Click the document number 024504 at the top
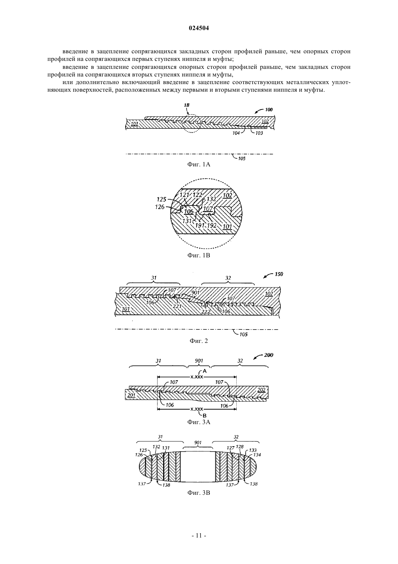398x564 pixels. (x=199, y=28)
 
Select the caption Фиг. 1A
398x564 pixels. (x=199, y=165)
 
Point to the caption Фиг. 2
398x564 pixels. (x=199, y=341)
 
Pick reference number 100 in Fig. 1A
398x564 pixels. (x=268, y=109)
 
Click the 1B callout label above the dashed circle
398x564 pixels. (x=186, y=105)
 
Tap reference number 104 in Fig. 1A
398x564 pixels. (x=236, y=133)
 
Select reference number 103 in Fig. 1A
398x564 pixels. (x=259, y=133)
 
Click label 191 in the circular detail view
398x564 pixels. (x=200, y=225)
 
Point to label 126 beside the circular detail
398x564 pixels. (x=160, y=207)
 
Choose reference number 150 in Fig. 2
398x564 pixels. (x=279, y=274)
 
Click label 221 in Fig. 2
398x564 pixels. (x=177, y=306)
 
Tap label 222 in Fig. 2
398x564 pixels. (x=206, y=312)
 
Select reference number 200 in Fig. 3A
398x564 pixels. (x=269, y=355)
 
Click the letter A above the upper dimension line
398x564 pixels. (x=204, y=371)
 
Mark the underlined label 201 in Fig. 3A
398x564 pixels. (x=131, y=395)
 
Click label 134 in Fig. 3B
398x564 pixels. (x=257, y=455)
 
